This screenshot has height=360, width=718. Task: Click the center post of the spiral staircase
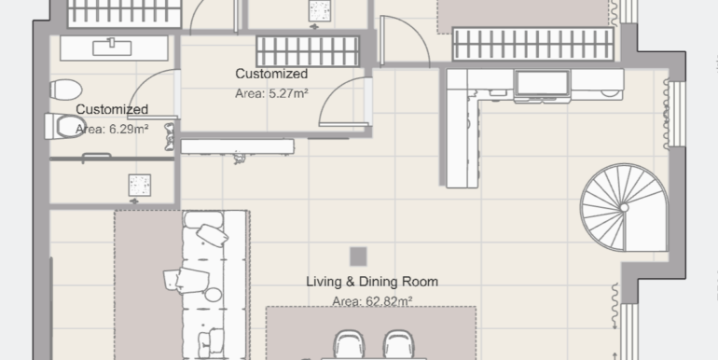point(624,207)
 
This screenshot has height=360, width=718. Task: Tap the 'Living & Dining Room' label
point(372,282)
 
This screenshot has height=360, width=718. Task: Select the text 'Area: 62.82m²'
point(372,301)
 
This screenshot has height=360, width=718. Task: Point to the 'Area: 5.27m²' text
point(271,93)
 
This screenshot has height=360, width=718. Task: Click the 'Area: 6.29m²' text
point(112,129)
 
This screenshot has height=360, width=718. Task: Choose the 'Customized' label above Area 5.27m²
point(271,74)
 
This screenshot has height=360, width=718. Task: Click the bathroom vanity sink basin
point(112,48)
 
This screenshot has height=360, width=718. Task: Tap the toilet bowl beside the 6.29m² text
point(65,126)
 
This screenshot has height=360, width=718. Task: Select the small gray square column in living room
point(358,256)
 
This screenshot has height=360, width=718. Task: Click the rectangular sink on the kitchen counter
point(543,83)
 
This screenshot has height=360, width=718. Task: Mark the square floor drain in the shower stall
point(140,185)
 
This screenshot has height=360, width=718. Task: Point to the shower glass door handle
point(97,157)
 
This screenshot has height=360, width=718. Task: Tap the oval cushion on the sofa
point(213,295)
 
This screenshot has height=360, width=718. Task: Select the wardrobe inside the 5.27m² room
point(308,51)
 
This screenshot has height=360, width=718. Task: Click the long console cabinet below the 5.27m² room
point(237,146)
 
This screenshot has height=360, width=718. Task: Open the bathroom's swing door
point(154,94)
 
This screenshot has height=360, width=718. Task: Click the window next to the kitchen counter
point(676,114)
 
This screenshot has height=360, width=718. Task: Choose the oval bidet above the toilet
point(66,90)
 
